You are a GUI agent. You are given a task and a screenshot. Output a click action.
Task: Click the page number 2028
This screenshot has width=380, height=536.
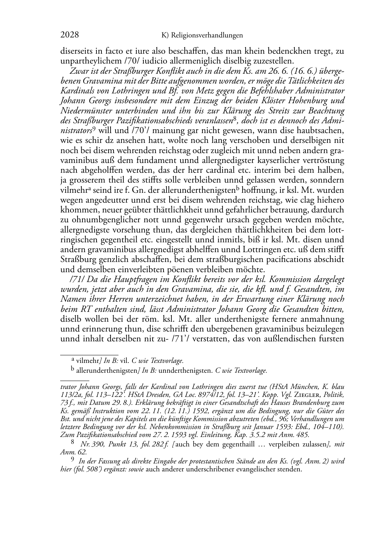70,35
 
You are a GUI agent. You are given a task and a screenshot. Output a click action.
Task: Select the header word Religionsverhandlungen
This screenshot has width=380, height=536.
207,36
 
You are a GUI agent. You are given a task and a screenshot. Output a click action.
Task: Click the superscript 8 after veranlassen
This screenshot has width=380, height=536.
235,119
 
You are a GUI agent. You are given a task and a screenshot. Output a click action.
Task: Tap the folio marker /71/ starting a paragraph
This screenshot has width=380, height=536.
77,279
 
